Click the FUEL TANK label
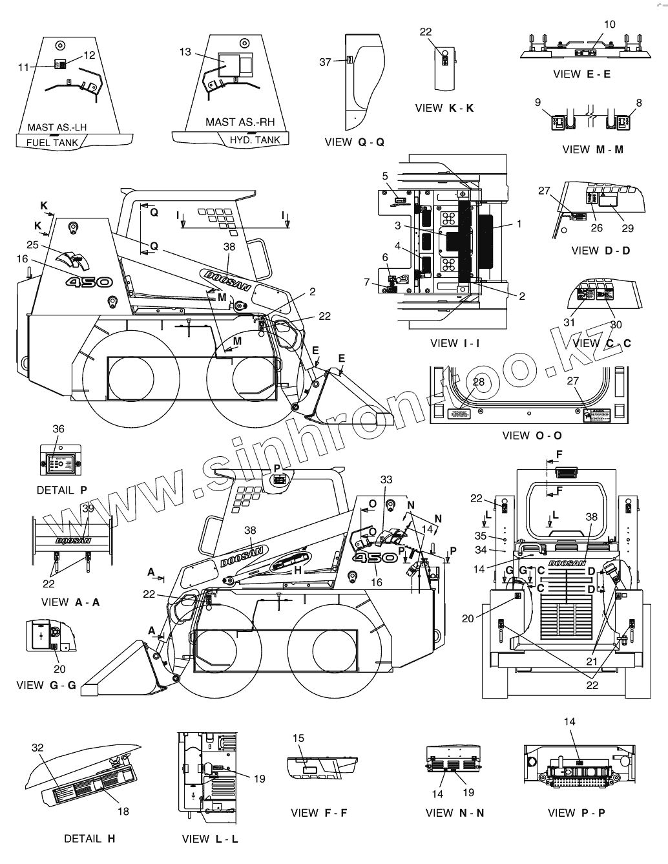pos(52,143)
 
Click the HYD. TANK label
pos(255,140)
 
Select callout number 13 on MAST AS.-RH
pos(185,52)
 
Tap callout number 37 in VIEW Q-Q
pos(325,62)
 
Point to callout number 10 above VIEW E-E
pos(610,25)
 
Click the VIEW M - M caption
pos(592,149)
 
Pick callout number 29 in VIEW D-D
pos(628,227)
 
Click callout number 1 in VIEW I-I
pos(518,224)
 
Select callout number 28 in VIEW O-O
pos(478,382)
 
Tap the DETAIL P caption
pos(61,490)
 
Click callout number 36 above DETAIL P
pos(58,428)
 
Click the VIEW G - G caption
pos(46,685)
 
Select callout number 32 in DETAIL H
pos(38,747)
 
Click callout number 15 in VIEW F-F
pos(298,738)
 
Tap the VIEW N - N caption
pos(454,813)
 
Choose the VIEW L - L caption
pos(210,839)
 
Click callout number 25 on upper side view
pos(33,244)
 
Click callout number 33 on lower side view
pos(386,479)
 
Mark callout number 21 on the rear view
pos(592,660)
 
